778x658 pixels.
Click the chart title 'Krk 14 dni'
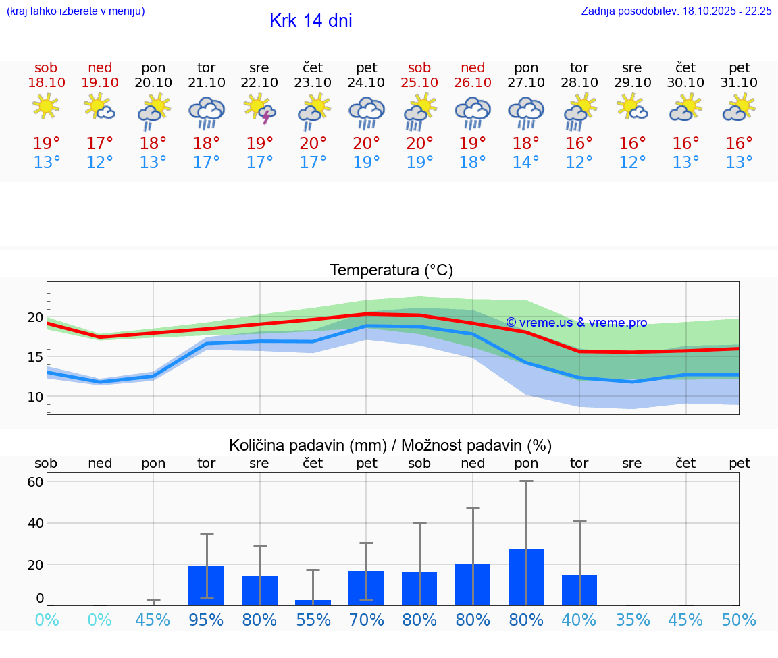click(311, 21)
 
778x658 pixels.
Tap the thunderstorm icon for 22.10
click(260, 109)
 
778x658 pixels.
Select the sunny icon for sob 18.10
click(46, 107)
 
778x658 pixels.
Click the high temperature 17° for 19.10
click(99, 144)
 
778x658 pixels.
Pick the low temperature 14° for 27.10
click(526, 163)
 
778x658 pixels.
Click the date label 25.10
click(419, 82)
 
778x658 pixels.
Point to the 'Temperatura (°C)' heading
click(391, 271)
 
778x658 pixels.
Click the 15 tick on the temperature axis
click(35, 357)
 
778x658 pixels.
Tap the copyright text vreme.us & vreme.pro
click(576, 323)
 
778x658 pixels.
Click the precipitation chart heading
click(390, 445)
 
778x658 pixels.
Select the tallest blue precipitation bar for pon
click(526, 577)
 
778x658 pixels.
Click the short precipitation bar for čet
click(313, 602)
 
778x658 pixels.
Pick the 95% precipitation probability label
click(206, 620)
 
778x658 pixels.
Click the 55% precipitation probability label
click(313, 620)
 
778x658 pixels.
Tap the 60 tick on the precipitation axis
click(35, 482)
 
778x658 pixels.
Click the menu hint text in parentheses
click(76, 11)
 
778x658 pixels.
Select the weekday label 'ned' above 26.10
click(473, 67)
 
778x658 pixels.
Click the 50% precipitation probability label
click(739, 620)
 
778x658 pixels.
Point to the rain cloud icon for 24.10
click(366, 112)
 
